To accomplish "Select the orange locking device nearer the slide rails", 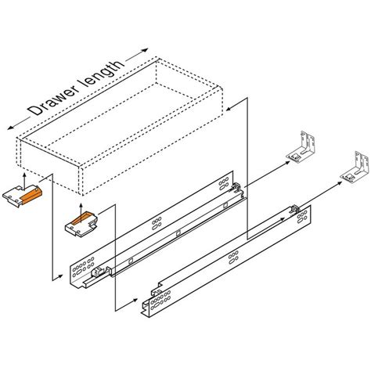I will coord(82,222).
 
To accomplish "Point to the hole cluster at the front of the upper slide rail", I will coord(81,271).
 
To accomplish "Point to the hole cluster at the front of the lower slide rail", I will coord(157,301).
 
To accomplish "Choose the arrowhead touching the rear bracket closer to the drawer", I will coord(283,161).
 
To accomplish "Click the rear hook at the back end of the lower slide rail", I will coord(292,210).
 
